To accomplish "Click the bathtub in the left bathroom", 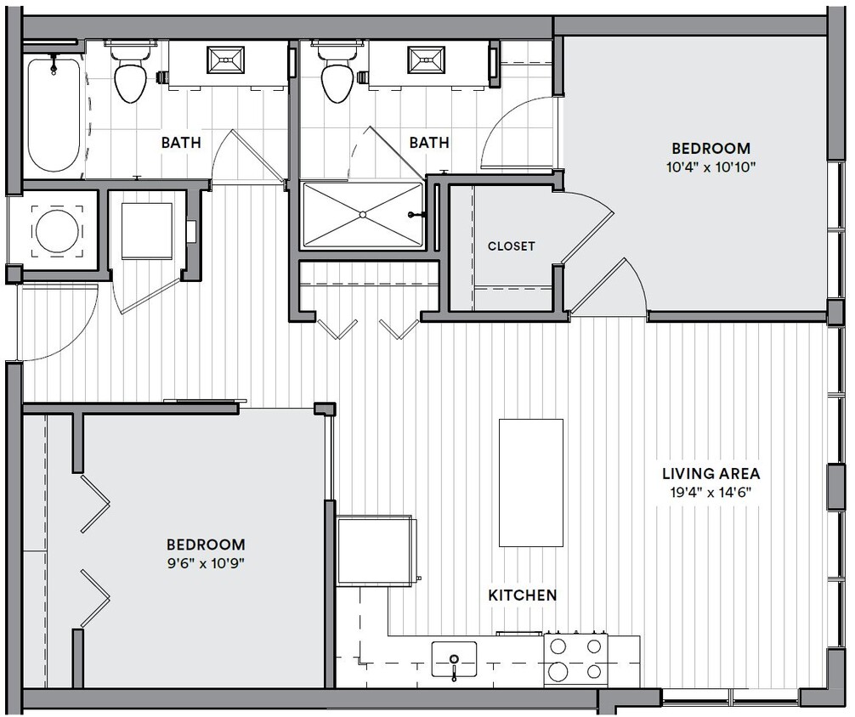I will [54, 114].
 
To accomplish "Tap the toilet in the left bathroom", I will [129, 76].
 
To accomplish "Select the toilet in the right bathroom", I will [336, 76].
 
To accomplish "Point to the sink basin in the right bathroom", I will [427, 59].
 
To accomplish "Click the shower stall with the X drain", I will [362, 216].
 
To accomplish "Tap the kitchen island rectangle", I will [531, 483].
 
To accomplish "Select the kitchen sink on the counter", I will [454, 658].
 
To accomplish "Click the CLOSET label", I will [511, 246].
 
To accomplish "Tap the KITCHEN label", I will [522, 596].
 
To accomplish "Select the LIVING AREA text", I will [711, 474].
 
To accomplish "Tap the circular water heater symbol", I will [58, 230].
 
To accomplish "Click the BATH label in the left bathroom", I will [181, 143].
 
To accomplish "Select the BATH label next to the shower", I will [428, 143].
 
